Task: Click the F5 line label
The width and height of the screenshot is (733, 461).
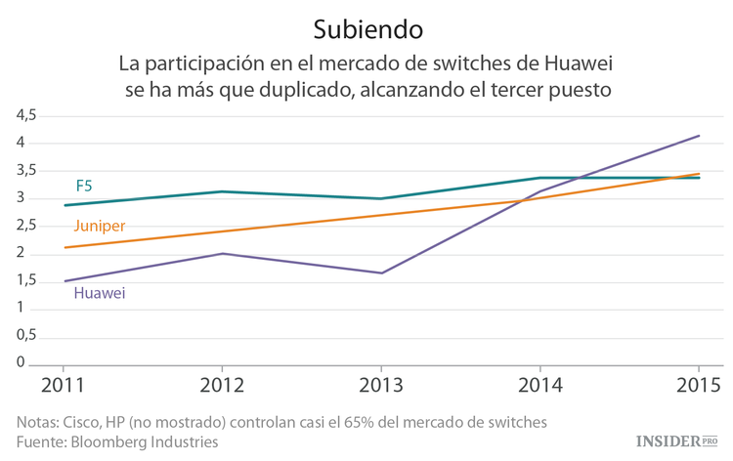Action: point(84,186)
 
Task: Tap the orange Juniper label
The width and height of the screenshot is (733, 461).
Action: point(99,227)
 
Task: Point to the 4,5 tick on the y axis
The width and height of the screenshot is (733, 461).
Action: point(26,115)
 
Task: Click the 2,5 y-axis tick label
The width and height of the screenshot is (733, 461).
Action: point(26,227)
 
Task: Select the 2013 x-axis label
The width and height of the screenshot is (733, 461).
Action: point(381,385)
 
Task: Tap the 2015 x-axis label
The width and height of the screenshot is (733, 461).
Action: point(698,385)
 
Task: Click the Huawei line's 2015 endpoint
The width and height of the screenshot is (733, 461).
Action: point(699,136)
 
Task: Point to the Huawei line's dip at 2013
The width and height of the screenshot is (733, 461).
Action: point(381,273)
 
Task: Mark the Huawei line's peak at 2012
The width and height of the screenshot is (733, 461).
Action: point(223,254)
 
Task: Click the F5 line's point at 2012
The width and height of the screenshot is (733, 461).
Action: point(223,191)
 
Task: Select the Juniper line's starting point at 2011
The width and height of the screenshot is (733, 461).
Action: point(65,247)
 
